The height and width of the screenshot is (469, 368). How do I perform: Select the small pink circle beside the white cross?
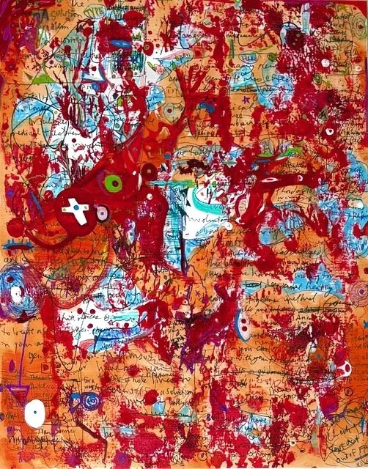click(x=102, y=213)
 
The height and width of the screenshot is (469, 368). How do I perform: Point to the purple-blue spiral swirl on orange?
click(x=90, y=402)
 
